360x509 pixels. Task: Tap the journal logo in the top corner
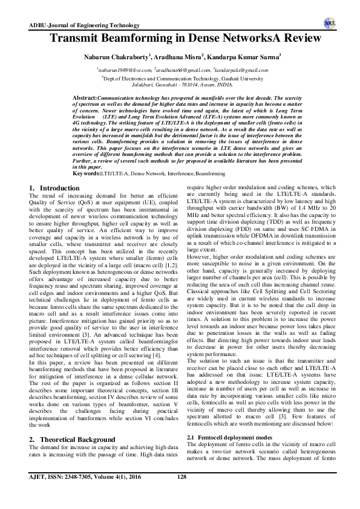[x=330, y=23]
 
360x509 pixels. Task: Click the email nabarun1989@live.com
[x=123, y=70]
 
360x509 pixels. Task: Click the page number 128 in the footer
[x=180, y=494]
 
